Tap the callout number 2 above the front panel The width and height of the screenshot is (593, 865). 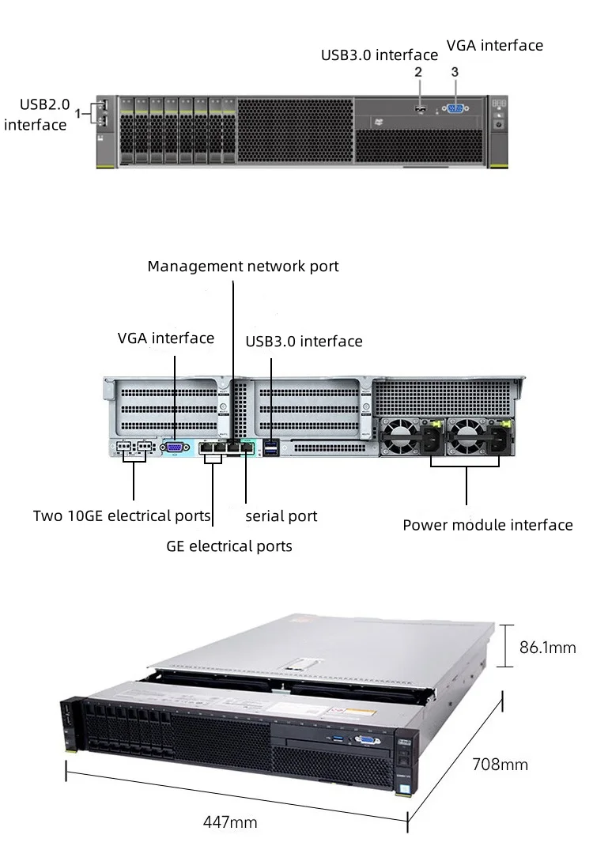[419, 72]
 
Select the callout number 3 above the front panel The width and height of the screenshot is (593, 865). [455, 72]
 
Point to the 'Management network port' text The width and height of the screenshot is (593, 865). [243, 266]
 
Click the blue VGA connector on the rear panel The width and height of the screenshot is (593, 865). [174, 448]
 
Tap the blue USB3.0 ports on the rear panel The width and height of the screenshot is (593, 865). [271, 448]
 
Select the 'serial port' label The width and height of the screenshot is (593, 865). [281, 516]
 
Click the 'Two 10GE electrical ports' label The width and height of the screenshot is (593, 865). [122, 516]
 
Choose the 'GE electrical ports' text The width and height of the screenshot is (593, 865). [229, 546]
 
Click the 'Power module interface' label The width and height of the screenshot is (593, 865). [487, 525]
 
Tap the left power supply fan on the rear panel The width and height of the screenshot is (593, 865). [401, 437]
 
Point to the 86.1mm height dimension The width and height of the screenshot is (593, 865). [547, 648]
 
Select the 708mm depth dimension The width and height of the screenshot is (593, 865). [500, 765]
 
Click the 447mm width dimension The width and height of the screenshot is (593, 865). [230, 822]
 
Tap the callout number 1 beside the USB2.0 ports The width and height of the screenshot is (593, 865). [78, 114]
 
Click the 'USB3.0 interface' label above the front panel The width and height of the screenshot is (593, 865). [379, 55]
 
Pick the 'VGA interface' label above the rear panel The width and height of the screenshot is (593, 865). [166, 338]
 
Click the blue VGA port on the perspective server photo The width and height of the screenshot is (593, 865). [366, 740]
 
